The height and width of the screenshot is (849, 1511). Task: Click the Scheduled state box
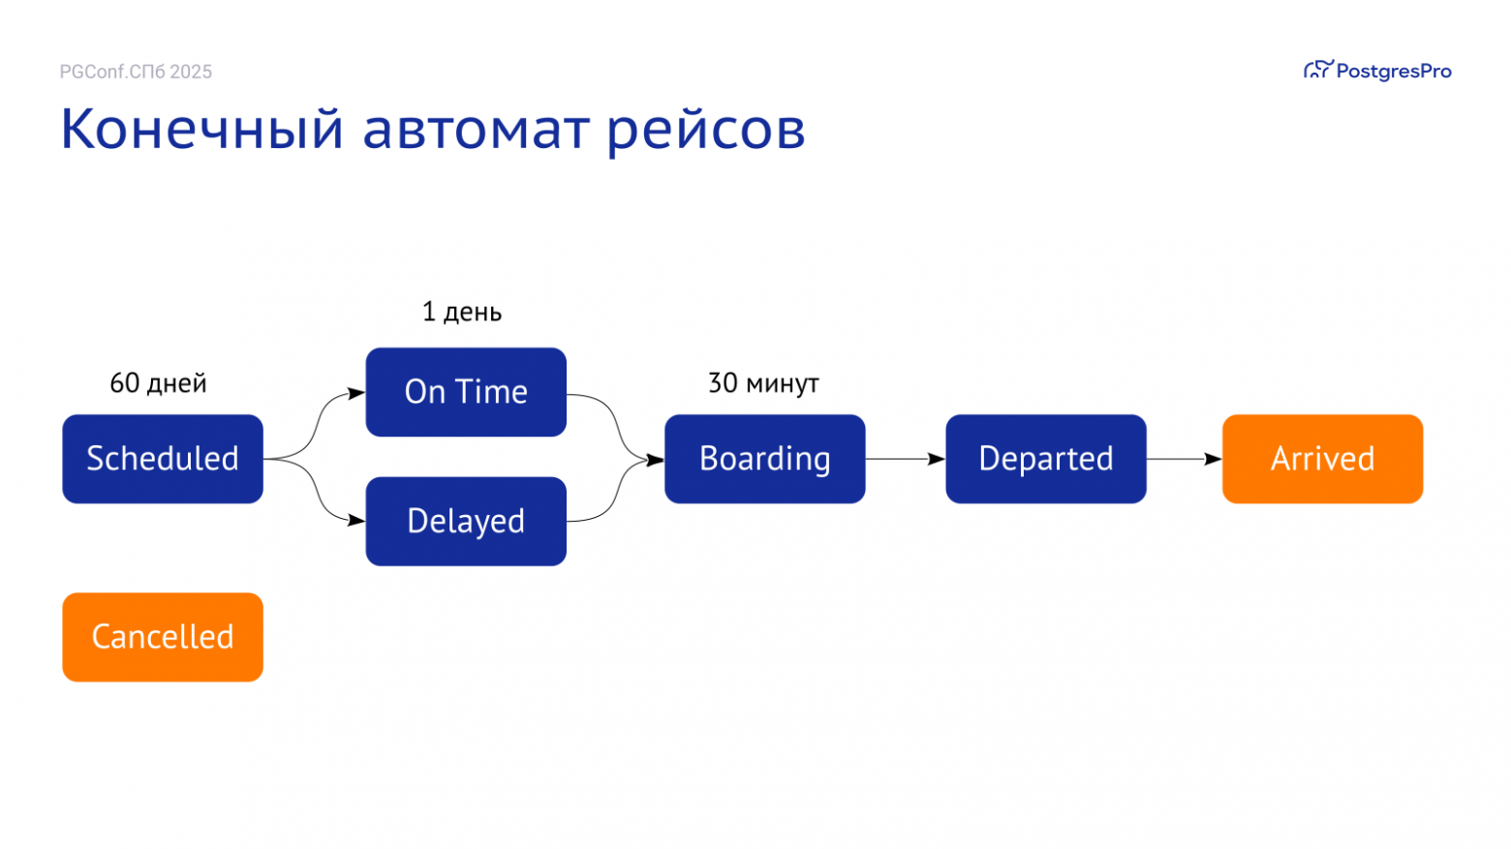click(x=163, y=459)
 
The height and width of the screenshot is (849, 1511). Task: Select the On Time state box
click(x=466, y=392)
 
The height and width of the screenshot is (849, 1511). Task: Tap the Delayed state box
click(x=466, y=521)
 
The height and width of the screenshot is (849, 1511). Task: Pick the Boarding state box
click(x=764, y=459)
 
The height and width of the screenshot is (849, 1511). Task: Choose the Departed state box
click(x=1046, y=459)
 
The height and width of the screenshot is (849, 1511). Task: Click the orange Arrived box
click(x=1322, y=459)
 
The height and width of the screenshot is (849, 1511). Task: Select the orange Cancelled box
click(x=163, y=637)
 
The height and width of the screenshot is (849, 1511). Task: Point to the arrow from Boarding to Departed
click(x=905, y=459)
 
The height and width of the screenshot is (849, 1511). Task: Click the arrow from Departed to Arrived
click(x=1184, y=459)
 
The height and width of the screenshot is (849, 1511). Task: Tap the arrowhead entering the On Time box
click(x=356, y=393)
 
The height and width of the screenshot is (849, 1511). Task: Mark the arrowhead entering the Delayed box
click(x=356, y=520)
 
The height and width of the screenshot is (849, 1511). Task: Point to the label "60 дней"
click(x=158, y=383)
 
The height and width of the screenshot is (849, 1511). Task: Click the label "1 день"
click(x=462, y=312)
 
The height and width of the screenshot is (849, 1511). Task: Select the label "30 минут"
click(x=763, y=383)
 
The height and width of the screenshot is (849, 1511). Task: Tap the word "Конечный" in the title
click(x=201, y=129)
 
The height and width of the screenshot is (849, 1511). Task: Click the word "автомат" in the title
click(x=475, y=129)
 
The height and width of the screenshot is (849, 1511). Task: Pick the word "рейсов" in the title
click(x=706, y=131)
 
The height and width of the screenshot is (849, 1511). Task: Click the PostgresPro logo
click(x=1377, y=71)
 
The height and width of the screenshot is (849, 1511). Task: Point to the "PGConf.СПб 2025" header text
click(x=136, y=72)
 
